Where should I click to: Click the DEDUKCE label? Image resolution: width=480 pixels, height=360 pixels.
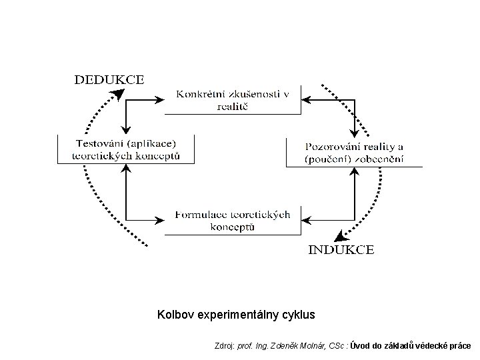[109, 79]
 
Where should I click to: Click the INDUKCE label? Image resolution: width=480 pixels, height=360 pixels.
[341, 250]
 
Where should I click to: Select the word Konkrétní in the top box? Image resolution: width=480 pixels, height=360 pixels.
[198, 95]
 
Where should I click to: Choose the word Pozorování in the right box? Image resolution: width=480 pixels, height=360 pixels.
[331, 147]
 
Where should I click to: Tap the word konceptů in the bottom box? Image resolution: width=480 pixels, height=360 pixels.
[232, 227]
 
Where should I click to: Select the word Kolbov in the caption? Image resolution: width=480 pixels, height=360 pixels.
[175, 313]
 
